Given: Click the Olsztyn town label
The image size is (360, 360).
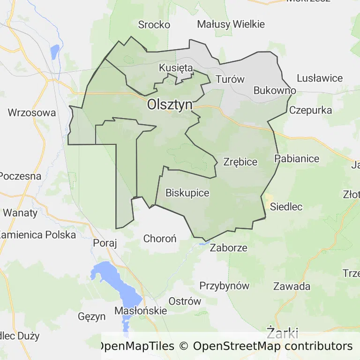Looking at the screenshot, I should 169,105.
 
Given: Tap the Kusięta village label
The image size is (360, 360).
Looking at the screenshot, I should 176,68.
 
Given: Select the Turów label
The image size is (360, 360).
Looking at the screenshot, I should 230,79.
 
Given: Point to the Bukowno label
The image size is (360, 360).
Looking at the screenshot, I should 275,90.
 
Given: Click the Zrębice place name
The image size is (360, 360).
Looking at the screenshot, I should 240,162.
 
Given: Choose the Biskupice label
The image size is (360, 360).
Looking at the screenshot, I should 187,193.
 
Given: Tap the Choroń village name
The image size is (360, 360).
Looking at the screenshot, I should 160,239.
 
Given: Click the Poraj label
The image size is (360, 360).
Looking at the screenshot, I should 105,243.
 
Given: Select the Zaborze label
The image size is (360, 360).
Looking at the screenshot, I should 228,248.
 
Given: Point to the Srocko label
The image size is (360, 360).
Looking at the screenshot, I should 154,25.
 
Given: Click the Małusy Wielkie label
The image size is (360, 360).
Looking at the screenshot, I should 231,24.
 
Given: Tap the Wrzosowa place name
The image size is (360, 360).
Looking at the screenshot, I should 32,113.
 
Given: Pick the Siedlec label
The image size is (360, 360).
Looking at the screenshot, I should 286,207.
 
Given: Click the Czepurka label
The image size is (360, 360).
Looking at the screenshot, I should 310,111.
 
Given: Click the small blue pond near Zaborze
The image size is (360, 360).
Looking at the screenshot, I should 202,243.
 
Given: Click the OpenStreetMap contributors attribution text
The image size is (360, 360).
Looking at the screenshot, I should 272,346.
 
